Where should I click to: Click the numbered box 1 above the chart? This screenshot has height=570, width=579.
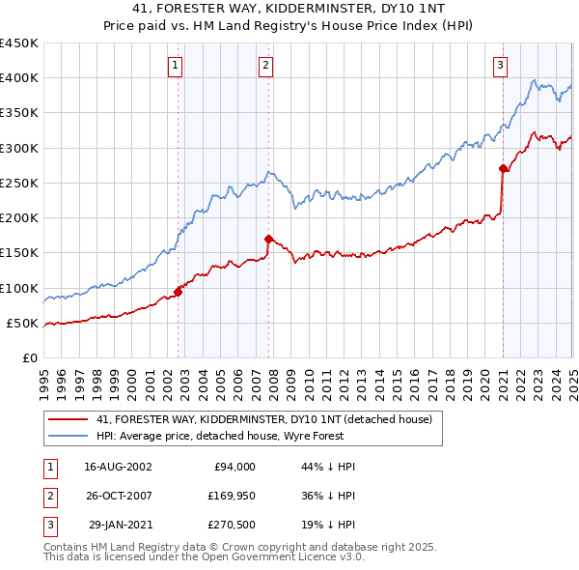pos(176,66)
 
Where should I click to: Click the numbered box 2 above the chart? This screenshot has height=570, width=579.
pos(265,66)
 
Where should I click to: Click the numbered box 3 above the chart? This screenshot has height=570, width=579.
pos(501,66)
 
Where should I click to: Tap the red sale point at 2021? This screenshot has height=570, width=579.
pos(504,168)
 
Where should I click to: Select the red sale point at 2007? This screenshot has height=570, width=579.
pos(269,238)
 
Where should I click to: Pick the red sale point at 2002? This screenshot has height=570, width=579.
pos(178,291)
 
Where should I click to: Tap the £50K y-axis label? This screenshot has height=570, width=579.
pos(21,323)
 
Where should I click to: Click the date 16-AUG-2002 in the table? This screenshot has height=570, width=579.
pos(119,467)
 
